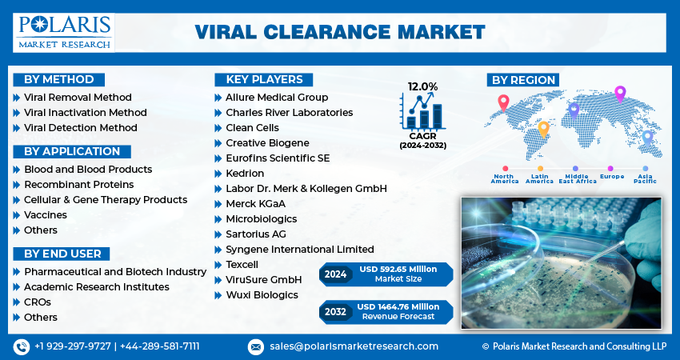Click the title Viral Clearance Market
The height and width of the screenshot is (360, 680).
pos(339,32)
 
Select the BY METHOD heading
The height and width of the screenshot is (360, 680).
pos(59,79)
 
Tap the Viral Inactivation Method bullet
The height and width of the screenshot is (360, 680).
pos(85,113)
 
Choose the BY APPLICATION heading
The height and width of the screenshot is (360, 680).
pos(72,151)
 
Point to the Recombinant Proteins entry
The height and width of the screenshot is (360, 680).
pos(78,185)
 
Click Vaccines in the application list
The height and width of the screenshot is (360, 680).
pos(45,215)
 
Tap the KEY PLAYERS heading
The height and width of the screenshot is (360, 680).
pos(264,79)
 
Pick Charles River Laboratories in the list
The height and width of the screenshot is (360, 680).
pos(289,113)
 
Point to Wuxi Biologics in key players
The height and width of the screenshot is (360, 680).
pos(262,295)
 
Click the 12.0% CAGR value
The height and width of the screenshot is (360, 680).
pos(422,86)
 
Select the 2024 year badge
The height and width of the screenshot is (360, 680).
pos(335,274)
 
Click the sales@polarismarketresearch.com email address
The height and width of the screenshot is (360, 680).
pos(353,346)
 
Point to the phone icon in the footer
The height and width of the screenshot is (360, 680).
pos(21,346)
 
